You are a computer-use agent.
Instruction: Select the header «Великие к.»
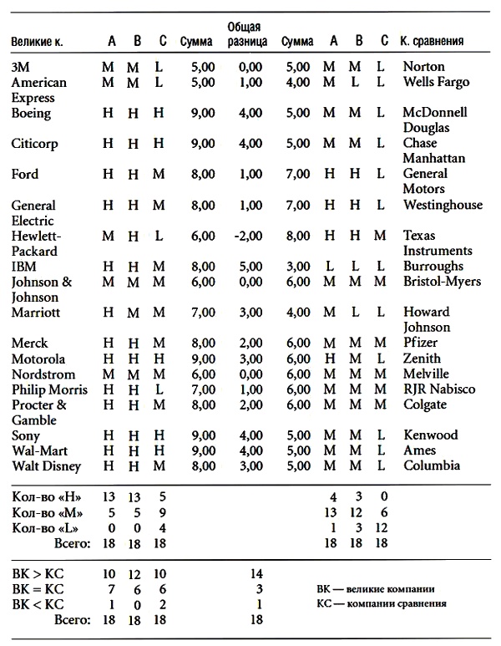39,41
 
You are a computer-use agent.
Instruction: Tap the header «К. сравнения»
433,41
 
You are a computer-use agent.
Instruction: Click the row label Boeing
31,114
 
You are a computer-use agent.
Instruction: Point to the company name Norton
423,66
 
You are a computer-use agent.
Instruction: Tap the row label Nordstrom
43,374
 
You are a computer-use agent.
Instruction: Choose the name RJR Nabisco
439,389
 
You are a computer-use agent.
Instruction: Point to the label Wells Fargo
435,82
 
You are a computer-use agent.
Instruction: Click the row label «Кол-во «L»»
43,527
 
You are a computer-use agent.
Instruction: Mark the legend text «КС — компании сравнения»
390,603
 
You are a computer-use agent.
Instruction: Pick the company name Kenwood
430,435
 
